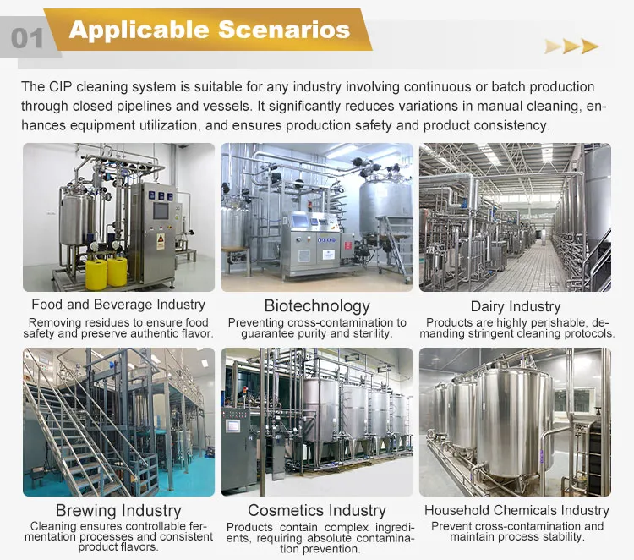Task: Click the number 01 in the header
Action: click(27, 38)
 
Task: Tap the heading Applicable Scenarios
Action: click(209, 30)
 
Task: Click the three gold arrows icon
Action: click(571, 47)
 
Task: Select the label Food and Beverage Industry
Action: click(118, 305)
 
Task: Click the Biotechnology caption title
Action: click(317, 305)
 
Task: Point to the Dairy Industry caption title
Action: click(516, 305)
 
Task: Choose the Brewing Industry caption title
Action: click(118, 511)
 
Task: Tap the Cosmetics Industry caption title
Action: click(317, 511)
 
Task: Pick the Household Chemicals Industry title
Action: click(516, 510)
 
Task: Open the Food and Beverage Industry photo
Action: click(118, 217)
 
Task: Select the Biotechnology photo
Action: click(317, 217)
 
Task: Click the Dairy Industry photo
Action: click(516, 217)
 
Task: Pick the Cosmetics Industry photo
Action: click(317, 422)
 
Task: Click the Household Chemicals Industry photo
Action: click(516, 422)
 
